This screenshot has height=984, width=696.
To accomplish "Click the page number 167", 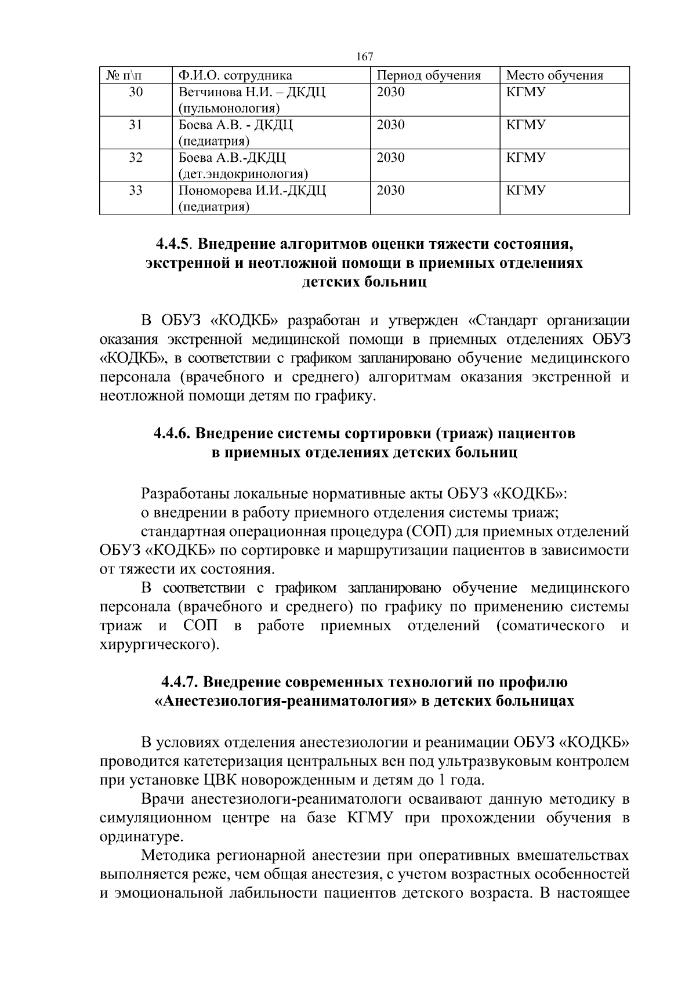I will tap(364, 57).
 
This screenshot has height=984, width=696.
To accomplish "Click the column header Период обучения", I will tap(429, 75).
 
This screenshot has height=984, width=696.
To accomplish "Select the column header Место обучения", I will tap(554, 75).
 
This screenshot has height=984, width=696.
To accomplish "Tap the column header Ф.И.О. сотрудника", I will tap(235, 75).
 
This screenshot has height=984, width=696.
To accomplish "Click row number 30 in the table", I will tap(136, 92).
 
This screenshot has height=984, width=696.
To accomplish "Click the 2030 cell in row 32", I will tap(390, 158).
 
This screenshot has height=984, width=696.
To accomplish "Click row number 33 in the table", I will tap(136, 191).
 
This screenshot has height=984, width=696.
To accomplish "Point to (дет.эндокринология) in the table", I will tap(243, 174).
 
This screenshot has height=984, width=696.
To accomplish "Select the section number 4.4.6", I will tap(172, 433).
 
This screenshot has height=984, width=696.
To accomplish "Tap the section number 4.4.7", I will tap(180, 682).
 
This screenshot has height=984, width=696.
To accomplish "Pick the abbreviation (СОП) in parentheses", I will tap(427, 532).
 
